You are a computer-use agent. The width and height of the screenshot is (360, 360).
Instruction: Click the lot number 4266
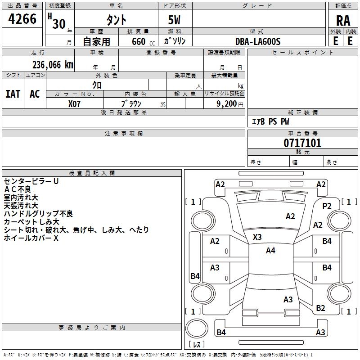point(22,19)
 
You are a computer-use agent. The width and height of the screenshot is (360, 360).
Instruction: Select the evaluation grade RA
point(343,21)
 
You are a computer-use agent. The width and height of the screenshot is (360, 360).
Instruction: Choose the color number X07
point(75,103)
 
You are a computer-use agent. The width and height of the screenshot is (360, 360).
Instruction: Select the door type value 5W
point(175,21)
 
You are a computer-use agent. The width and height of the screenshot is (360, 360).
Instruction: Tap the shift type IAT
point(13,94)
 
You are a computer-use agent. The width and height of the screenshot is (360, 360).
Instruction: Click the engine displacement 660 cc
point(138,42)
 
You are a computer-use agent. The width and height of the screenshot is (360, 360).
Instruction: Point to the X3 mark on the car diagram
point(257,237)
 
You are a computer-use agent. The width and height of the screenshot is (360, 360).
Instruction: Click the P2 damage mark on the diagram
point(327,206)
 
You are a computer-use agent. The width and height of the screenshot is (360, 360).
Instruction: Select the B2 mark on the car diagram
point(320,308)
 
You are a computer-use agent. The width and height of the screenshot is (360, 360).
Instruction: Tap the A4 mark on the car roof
point(270,251)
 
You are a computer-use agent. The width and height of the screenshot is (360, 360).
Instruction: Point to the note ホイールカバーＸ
point(31,238)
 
